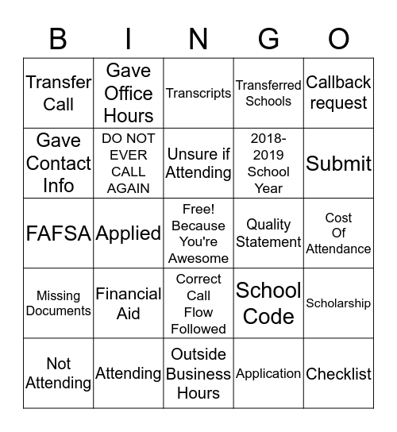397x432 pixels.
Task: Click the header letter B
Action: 59,38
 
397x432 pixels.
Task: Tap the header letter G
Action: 268,38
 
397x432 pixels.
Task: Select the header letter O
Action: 339,38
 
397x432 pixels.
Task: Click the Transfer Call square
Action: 59,93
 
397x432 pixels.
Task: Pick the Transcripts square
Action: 198,93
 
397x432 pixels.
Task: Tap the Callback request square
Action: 339,93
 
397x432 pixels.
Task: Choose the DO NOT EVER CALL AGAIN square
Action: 129,163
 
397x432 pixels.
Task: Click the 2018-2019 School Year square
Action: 268,163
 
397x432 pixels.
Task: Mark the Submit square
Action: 339,163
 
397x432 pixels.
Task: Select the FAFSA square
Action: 59,233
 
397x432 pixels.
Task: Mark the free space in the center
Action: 198,233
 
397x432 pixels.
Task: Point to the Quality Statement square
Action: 268,233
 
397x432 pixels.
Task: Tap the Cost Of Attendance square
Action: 339,233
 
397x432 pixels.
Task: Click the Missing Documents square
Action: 59,303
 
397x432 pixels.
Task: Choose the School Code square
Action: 268,303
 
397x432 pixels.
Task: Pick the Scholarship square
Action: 339,303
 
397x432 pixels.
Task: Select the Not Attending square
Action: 59,373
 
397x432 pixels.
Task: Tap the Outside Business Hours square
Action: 198,373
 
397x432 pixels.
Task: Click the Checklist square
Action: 339,373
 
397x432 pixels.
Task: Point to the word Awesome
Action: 198,258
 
